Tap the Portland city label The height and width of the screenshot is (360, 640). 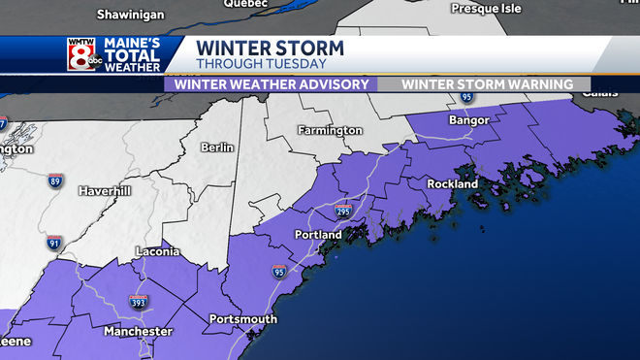(318, 235)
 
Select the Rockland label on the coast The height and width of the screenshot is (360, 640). (453, 183)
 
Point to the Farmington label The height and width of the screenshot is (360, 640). (330, 130)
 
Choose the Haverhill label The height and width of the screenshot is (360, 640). (104, 190)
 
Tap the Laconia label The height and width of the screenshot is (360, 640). (156, 251)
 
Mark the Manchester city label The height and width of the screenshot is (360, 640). (140, 331)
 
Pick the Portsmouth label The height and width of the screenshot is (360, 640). (243, 318)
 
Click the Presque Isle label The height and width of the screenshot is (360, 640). (487, 9)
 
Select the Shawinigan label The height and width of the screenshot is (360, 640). (131, 15)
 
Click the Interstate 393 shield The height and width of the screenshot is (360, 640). (138, 303)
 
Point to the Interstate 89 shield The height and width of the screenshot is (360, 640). (57, 180)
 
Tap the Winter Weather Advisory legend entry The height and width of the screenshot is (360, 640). (271, 84)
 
